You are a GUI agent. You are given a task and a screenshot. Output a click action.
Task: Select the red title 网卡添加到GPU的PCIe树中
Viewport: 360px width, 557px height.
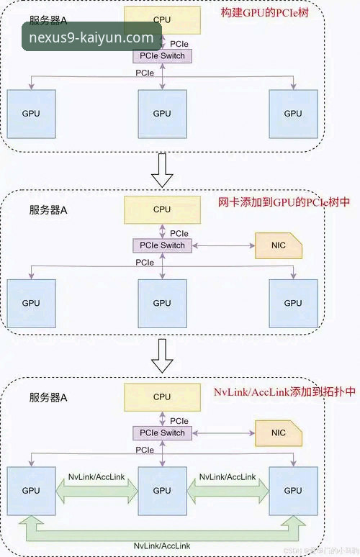pyautogui.click(x=284, y=203)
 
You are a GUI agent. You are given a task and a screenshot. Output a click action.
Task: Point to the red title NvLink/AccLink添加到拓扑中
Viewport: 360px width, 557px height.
pyautogui.click(x=285, y=392)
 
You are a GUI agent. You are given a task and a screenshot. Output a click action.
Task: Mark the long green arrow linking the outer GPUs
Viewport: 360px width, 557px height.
pyautogui.click(x=162, y=530)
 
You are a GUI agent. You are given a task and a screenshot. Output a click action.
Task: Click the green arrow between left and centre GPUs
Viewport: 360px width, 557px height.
pyautogui.click(x=96, y=491)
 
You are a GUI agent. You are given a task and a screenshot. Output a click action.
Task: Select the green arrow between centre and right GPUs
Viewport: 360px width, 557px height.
pyautogui.click(x=228, y=491)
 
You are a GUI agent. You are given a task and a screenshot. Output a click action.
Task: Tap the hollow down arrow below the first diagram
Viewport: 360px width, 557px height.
pyautogui.click(x=164, y=170)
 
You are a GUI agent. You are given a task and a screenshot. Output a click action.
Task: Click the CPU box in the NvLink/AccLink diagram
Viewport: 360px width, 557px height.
pyautogui.click(x=162, y=397)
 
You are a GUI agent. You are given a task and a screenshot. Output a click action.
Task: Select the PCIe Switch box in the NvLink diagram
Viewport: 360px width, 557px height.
pyautogui.click(x=162, y=433)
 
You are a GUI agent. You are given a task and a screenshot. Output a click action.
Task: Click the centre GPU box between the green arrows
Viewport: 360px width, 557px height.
pyautogui.click(x=162, y=490)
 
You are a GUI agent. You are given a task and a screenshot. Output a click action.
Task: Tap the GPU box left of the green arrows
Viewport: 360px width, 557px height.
pyautogui.click(x=31, y=490)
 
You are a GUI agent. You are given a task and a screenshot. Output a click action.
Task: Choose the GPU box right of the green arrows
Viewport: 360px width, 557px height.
pyautogui.click(x=293, y=490)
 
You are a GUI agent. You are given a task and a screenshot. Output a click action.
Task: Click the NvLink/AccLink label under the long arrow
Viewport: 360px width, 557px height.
pyautogui.click(x=162, y=548)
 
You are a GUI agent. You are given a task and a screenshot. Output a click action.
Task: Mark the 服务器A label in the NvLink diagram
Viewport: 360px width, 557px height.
pyautogui.click(x=48, y=397)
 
